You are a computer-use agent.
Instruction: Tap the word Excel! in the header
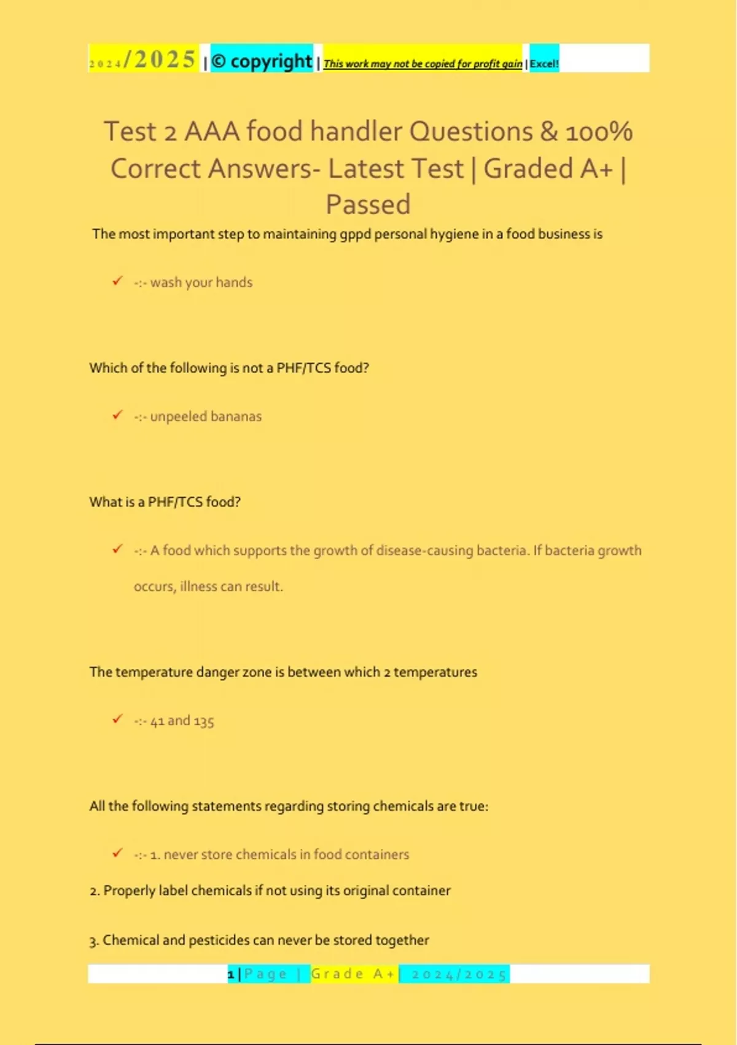(x=544, y=63)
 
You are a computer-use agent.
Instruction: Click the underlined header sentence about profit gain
(x=423, y=63)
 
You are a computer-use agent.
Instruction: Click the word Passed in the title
(x=368, y=204)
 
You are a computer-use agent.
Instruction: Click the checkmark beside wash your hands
(x=117, y=281)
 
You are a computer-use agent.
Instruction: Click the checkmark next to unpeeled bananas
(x=117, y=415)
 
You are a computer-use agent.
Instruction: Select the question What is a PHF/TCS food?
(x=165, y=502)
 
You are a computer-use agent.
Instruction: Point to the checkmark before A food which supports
(x=117, y=549)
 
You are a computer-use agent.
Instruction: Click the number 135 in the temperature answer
(x=204, y=720)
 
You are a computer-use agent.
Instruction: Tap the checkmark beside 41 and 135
(x=117, y=719)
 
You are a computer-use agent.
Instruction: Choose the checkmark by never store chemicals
(x=117, y=853)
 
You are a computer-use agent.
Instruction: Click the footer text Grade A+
(x=353, y=974)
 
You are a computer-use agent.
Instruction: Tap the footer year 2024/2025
(x=458, y=974)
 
